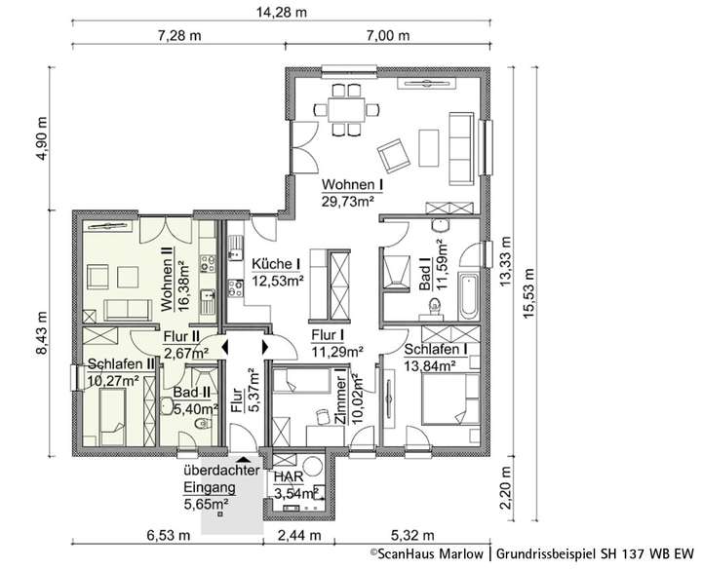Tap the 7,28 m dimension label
(x=179, y=36)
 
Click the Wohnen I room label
(x=352, y=184)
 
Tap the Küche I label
(x=277, y=264)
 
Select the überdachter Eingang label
(x=219, y=477)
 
